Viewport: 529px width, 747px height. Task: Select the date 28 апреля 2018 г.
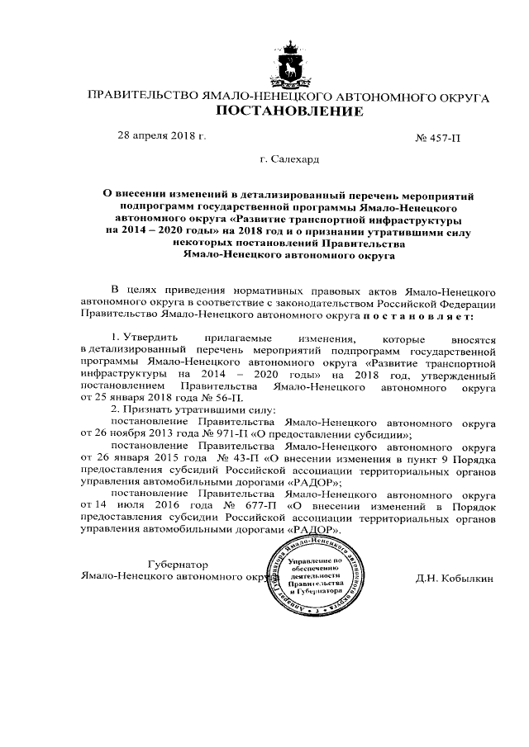[x=160, y=135]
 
